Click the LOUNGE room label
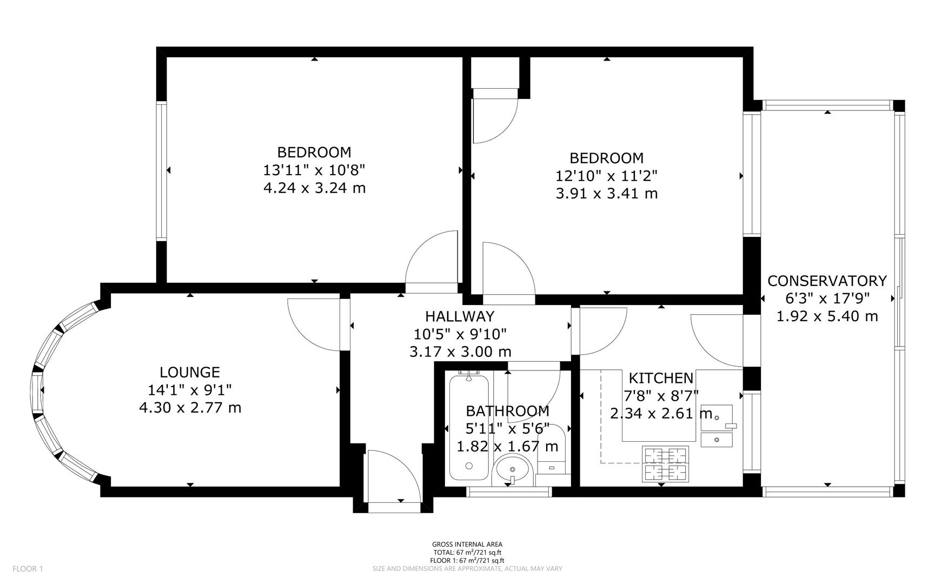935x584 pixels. coord(189,372)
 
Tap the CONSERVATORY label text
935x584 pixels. coord(827,281)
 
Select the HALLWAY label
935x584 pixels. coord(459,316)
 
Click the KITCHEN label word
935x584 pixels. coord(660,378)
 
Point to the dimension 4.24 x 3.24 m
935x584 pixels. coord(314,188)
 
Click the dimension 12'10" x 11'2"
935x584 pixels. coord(606,176)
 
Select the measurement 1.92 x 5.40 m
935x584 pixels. coord(827,316)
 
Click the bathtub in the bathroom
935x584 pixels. coord(469,427)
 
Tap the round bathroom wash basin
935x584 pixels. coord(513,468)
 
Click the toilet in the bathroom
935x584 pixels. coord(553,460)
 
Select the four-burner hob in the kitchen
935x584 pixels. coord(665,464)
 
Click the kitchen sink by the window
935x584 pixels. coord(717,427)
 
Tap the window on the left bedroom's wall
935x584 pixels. coord(161,170)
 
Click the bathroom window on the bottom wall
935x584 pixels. coord(508,492)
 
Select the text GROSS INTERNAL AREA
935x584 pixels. coord(467,545)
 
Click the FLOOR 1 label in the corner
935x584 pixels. coord(27,568)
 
